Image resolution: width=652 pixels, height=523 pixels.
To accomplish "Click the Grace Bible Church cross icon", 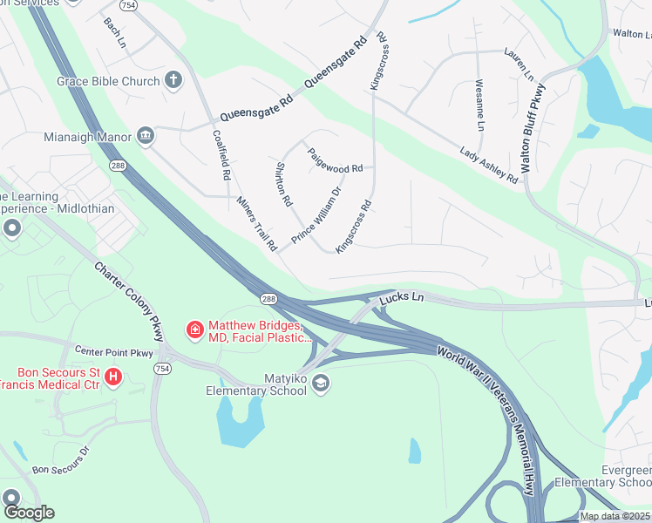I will pyautogui.click(x=173, y=81).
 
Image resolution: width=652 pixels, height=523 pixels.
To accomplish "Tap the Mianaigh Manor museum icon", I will pyautogui.click(x=146, y=136).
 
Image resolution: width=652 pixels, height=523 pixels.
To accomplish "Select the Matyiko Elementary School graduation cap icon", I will pyautogui.click(x=321, y=384).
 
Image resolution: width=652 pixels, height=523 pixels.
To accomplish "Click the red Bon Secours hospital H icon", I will pyautogui.click(x=112, y=377).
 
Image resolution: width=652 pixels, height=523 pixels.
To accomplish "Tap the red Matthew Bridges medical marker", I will pyautogui.click(x=195, y=329).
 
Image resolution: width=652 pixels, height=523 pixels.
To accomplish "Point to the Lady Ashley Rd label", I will pyautogui.click(x=489, y=165).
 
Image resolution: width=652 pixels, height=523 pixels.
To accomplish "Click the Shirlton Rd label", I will pyautogui.click(x=283, y=183).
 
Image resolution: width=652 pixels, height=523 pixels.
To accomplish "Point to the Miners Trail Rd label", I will pyautogui.click(x=256, y=222).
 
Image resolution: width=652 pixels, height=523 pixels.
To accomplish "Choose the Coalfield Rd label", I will pyautogui.click(x=221, y=155).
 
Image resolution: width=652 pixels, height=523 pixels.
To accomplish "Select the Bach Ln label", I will pyautogui.click(x=114, y=33).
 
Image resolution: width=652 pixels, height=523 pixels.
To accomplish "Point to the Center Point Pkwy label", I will pyautogui.click(x=114, y=352).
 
